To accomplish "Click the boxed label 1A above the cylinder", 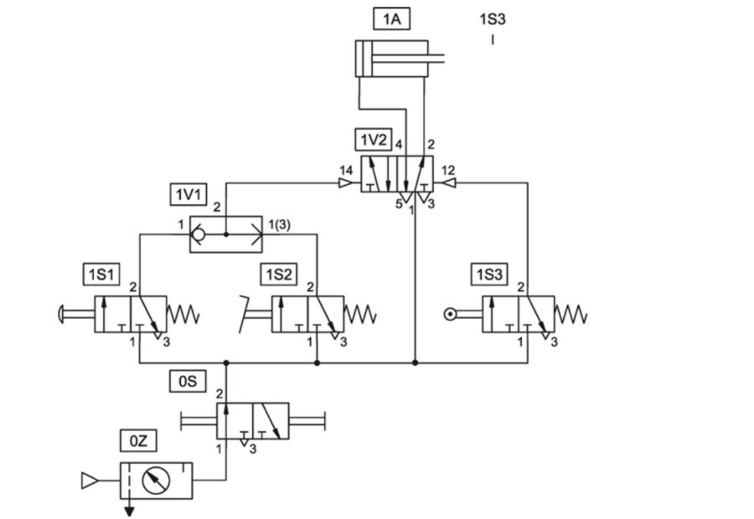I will [x=391, y=18].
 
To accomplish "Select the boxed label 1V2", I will [x=373, y=139].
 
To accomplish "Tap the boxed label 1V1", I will [x=188, y=195].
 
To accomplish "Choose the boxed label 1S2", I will [x=279, y=274].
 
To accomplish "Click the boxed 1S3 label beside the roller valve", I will [x=490, y=274].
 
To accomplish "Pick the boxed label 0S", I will [x=188, y=381].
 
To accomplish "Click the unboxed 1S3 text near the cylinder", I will [x=492, y=18].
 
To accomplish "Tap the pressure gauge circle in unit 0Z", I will [x=156, y=480].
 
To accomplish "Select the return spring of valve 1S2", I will [x=361, y=315].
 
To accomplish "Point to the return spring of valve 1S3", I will [x=572, y=315].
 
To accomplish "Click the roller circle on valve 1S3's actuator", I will [x=452, y=315].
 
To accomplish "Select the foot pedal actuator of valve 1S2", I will [x=249, y=307].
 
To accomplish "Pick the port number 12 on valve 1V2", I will [x=448, y=171].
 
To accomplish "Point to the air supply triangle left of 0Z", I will [x=89, y=480].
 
